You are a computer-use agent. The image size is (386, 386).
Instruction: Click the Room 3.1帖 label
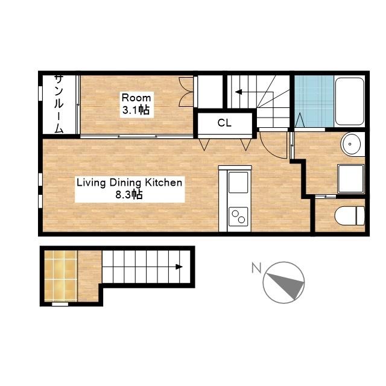(136, 104)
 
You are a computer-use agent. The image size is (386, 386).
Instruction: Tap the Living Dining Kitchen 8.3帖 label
(130, 189)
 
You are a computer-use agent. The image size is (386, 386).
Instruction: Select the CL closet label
(224, 123)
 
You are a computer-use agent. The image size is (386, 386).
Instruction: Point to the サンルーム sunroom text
(59, 104)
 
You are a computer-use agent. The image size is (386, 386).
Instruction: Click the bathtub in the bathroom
(350, 101)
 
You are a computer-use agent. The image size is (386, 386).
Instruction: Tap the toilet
(350, 216)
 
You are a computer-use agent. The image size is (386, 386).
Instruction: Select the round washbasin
(350, 144)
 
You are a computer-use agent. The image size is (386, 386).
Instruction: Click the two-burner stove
(238, 217)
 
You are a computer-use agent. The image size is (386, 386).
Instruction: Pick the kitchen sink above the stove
(238, 182)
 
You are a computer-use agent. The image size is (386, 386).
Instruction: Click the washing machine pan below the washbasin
(351, 179)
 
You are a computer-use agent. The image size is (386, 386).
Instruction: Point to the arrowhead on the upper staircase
(239, 92)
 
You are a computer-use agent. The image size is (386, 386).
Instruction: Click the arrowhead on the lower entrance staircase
(179, 267)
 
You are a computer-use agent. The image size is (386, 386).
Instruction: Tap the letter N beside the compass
(256, 268)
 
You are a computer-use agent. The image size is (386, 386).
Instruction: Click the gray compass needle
(287, 285)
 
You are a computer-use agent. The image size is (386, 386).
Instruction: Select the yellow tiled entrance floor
(61, 276)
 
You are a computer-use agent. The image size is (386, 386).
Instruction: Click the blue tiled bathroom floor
(314, 101)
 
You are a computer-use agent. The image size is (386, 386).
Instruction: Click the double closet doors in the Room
(186, 92)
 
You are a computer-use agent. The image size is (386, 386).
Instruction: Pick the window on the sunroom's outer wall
(40, 93)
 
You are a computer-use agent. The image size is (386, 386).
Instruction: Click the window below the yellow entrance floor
(60, 304)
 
